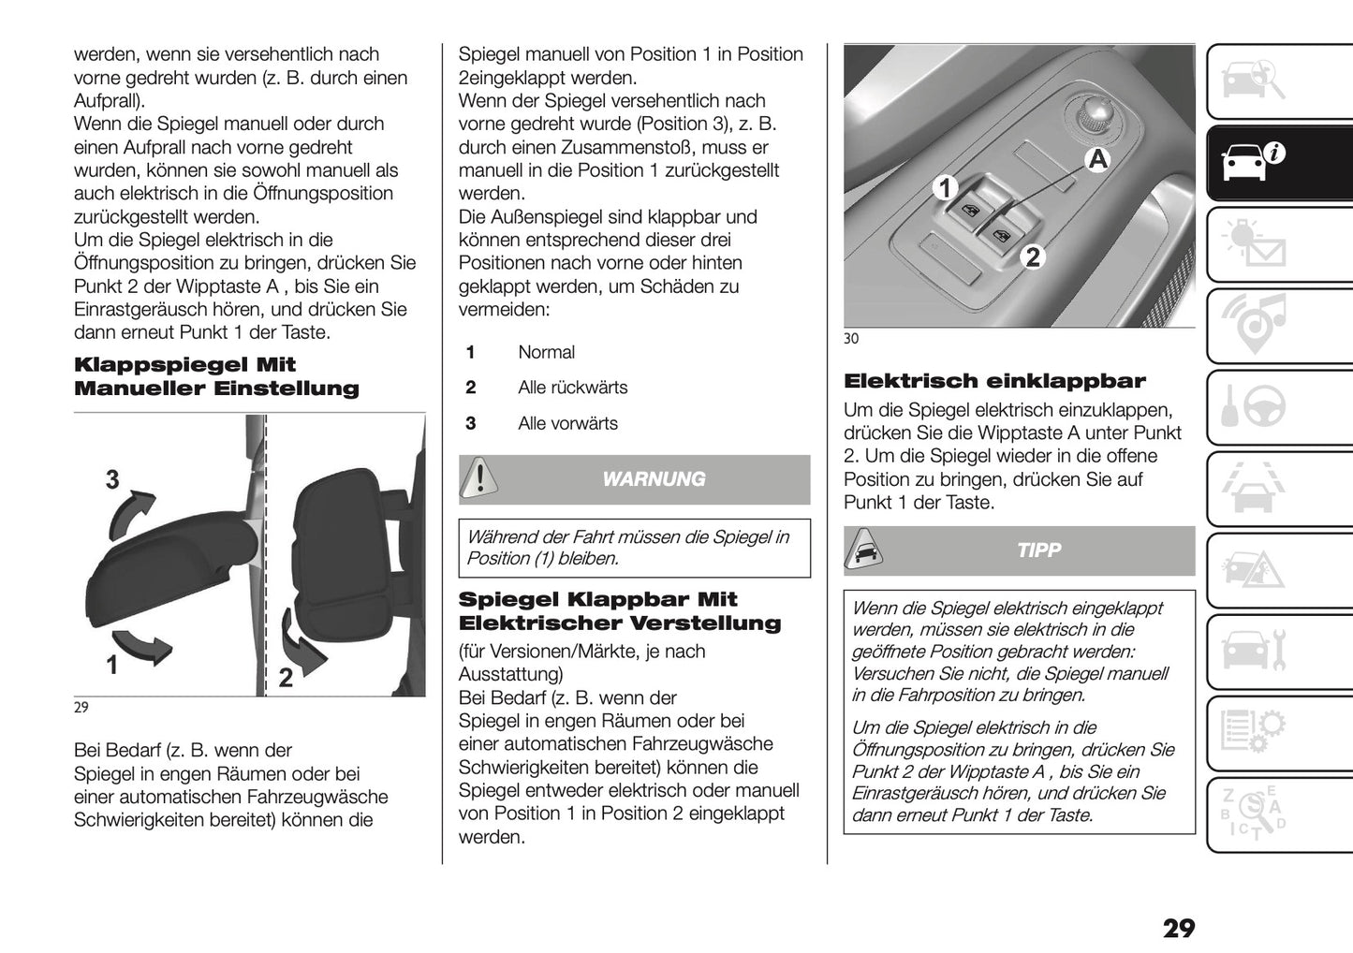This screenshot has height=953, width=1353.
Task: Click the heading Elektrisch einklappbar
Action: [x=994, y=382]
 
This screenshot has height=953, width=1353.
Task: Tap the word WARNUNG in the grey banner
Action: [x=654, y=479]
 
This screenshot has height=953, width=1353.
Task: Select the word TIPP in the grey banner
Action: [x=1038, y=550]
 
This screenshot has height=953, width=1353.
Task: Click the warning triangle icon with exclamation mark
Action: [x=479, y=478]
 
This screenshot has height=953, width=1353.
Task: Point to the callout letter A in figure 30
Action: [x=1096, y=159]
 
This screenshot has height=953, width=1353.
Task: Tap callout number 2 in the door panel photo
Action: [x=1032, y=256]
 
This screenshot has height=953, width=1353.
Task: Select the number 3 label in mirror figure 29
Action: [x=112, y=480]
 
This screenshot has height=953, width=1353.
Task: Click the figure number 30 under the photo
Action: [x=850, y=339]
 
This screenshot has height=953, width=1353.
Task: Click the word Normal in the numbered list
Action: [x=546, y=353]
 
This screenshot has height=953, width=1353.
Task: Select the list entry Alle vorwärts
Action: [x=567, y=424]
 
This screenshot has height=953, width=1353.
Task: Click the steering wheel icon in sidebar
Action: [x=1256, y=407]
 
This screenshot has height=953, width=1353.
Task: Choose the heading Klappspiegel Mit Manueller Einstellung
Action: [x=216, y=376]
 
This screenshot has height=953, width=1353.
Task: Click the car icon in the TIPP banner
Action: [x=862, y=550]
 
